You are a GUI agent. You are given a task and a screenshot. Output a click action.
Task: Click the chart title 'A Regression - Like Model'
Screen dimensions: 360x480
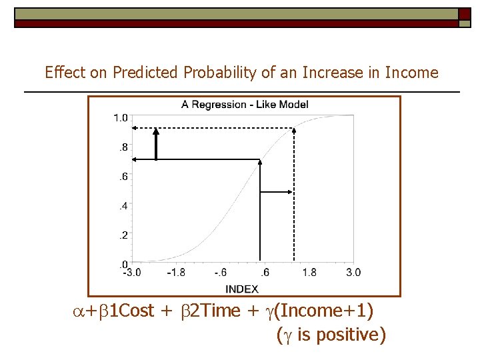[x=245, y=105]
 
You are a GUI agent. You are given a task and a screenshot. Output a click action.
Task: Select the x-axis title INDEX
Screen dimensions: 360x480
[x=242, y=289]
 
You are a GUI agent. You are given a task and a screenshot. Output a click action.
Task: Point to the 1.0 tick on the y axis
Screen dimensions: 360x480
[x=121, y=118]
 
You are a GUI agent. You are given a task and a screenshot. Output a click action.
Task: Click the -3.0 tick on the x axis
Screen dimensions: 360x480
[x=131, y=272]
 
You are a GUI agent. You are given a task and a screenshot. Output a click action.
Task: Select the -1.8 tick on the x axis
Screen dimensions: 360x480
[x=176, y=272]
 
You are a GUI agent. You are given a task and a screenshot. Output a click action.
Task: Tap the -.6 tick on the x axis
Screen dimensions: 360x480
[x=221, y=272]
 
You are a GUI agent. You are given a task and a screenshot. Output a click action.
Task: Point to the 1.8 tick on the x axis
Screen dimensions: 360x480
[x=309, y=272]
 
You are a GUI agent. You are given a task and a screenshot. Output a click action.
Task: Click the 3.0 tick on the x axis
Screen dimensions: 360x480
[x=353, y=272]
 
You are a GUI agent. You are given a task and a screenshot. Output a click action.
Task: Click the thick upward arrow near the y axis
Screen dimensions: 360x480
[x=156, y=144]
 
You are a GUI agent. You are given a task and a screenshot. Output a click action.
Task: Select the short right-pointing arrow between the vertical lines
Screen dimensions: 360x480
[x=276, y=192]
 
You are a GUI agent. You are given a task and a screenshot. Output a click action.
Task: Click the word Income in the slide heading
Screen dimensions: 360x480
[x=413, y=73]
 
